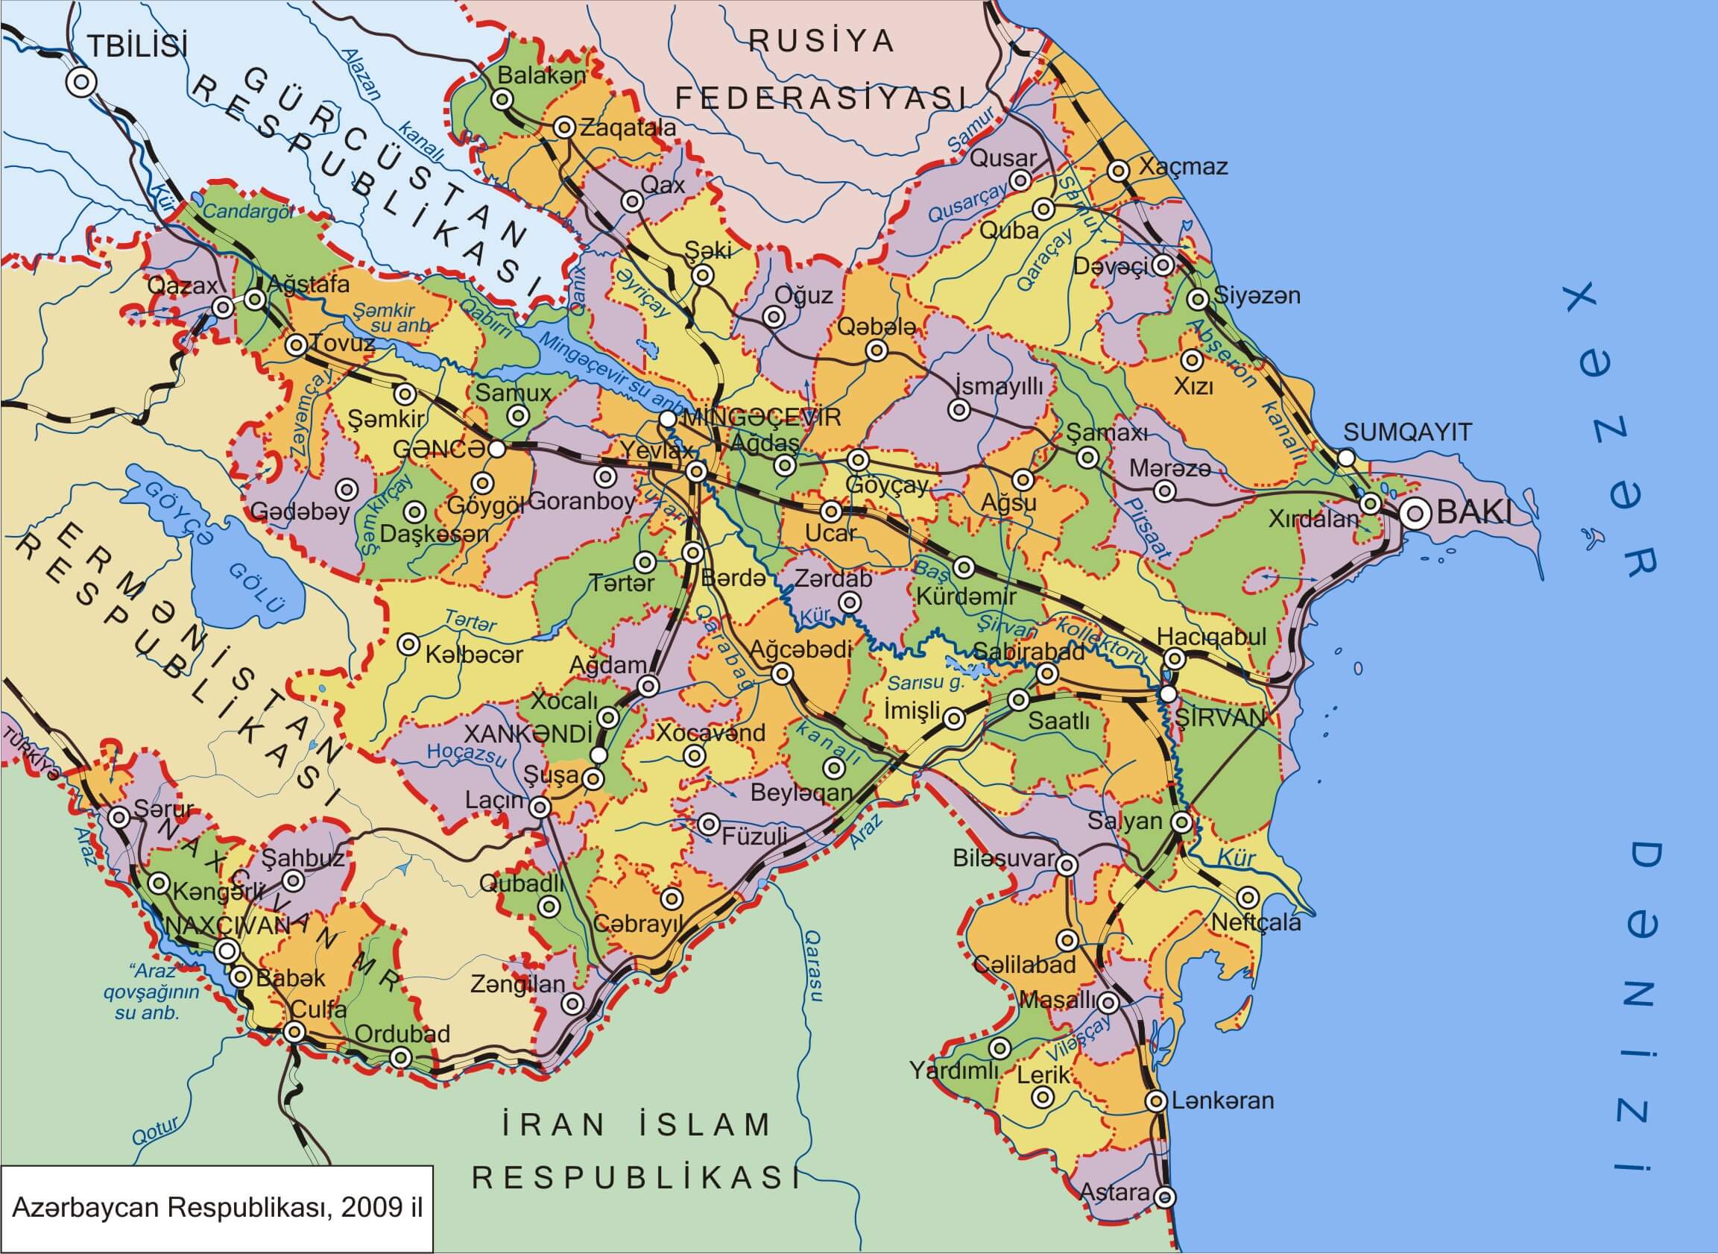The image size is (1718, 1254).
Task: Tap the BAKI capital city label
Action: click(x=1474, y=513)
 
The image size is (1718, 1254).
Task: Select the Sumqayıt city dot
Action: click(x=1345, y=458)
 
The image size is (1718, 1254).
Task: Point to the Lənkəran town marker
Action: click(x=1156, y=1100)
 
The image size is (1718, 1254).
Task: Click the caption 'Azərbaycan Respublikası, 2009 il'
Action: click(x=217, y=1207)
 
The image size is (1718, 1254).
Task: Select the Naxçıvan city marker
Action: click(x=226, y=951)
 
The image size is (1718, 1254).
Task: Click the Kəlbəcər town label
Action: click(x=473, y=655)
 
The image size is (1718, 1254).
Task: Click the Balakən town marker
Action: click(x=502, y=99)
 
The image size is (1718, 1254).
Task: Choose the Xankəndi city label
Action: click(x=528, y=734)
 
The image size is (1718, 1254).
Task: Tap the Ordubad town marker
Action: click(x=401, y=1057)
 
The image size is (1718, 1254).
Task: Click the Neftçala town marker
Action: click(x=1248, y=898)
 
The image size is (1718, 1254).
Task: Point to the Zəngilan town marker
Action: click(x=573, y=1004)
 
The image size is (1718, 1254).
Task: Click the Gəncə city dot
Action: click(x=496, y=449)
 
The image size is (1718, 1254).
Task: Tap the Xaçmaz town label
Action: click(x=1183, y=166)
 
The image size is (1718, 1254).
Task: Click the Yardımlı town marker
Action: click(x=1000, y=1049)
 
